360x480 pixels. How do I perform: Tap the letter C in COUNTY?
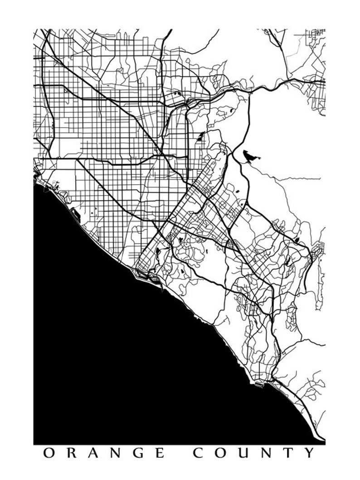pos(198,452)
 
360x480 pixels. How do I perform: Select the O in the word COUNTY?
pos(221,452)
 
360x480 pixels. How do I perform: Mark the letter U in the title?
pos(245,452)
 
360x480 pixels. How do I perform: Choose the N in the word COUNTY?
pos(268,452)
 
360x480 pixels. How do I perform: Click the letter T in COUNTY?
pos(290,452)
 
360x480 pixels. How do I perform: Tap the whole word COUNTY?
pos(254,452)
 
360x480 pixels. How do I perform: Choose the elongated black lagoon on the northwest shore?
pos(75,216)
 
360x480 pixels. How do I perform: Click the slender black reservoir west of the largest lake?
pos(200,137)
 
